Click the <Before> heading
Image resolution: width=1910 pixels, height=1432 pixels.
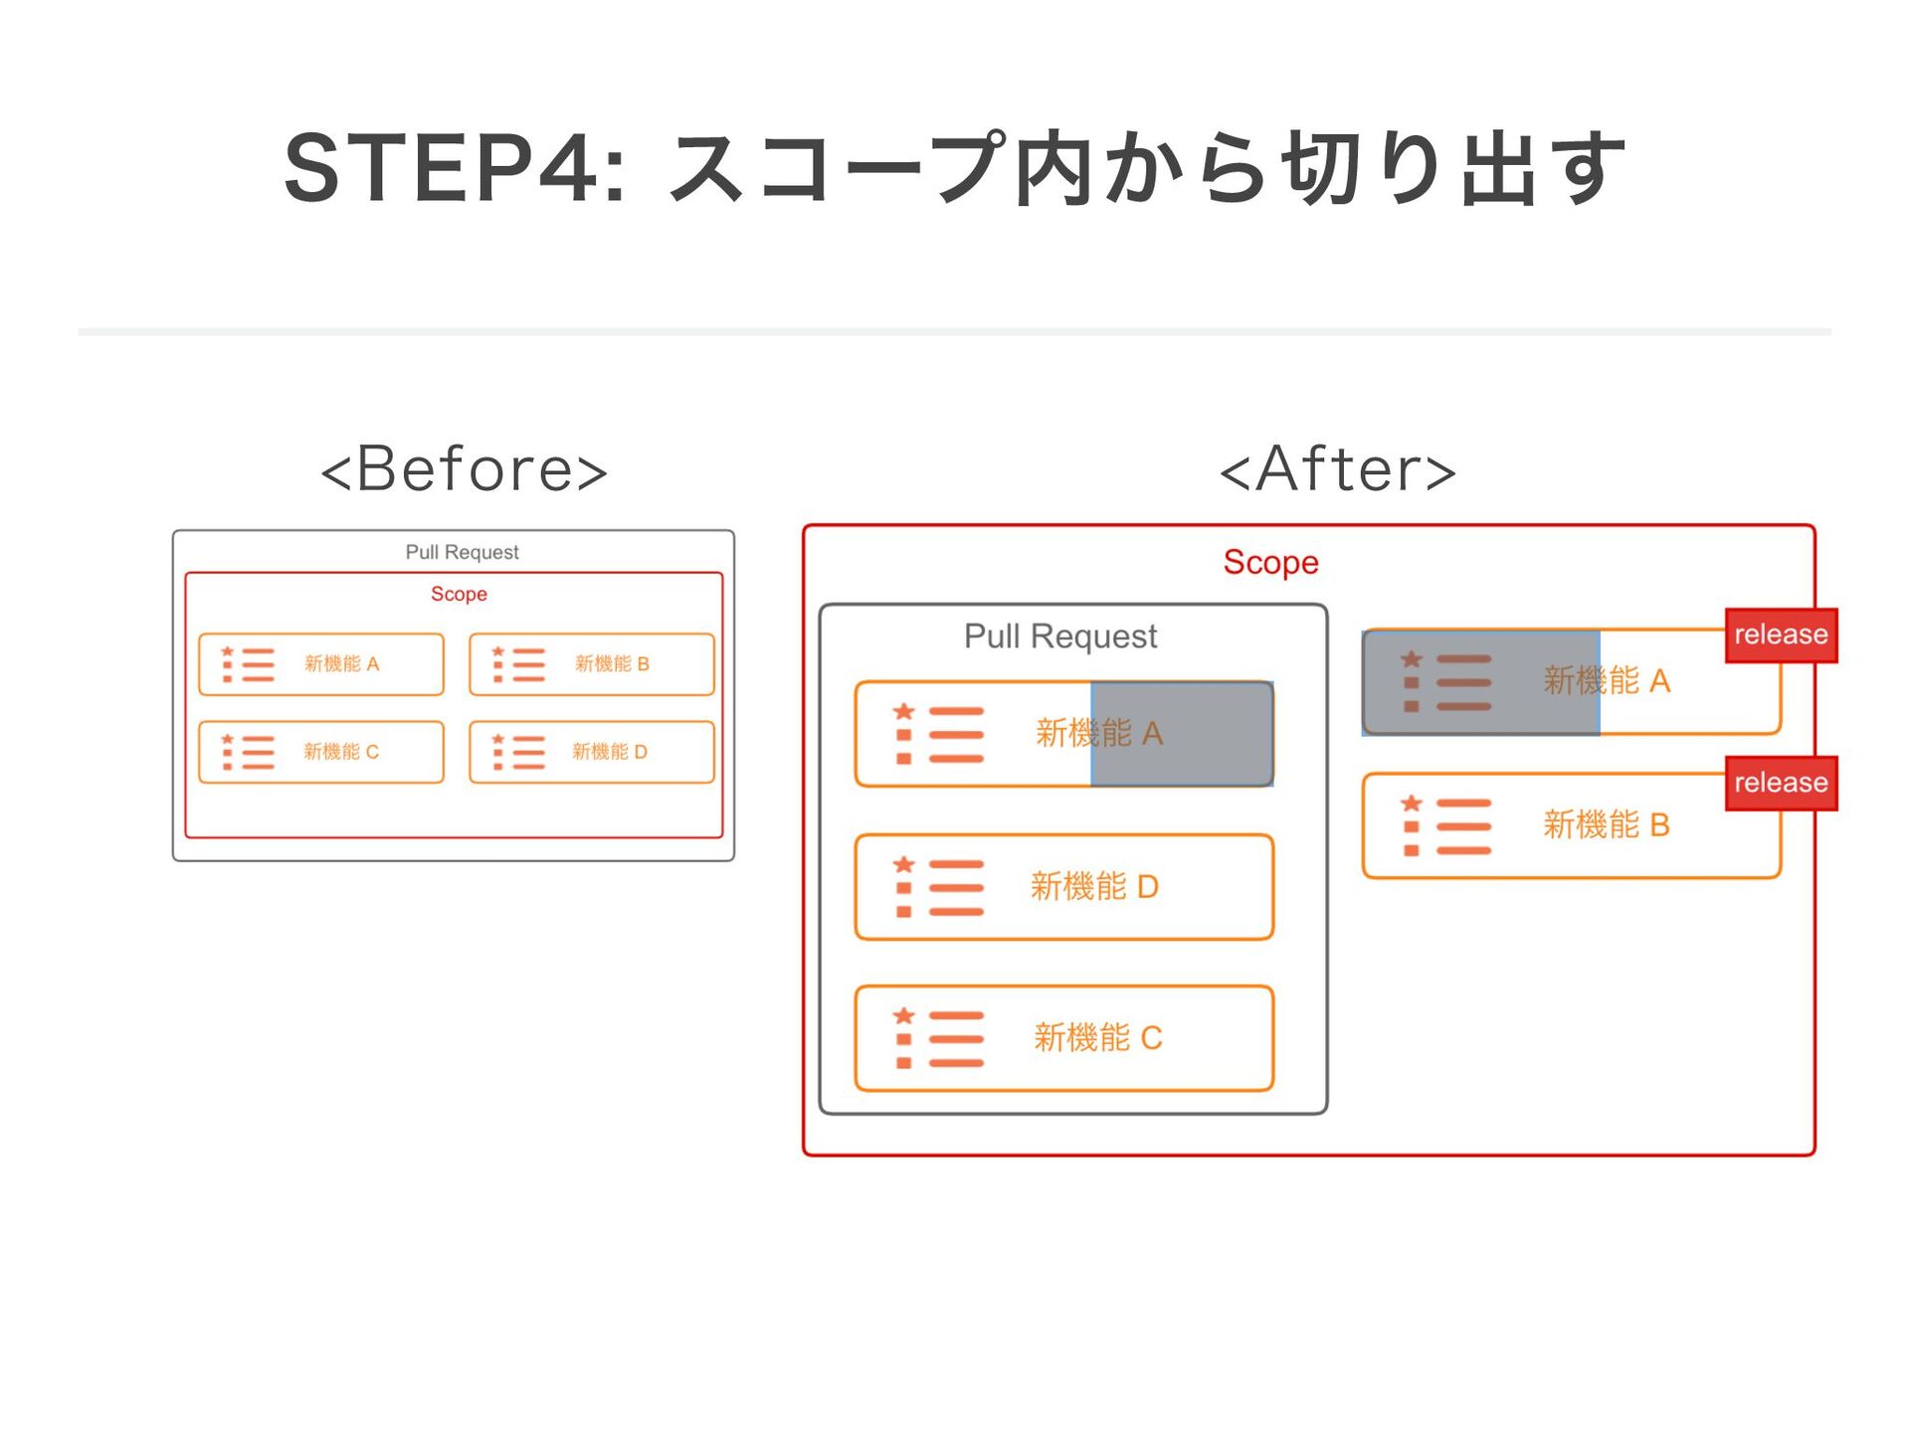click(464, 468)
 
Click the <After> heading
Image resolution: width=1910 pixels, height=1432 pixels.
click(1338, 468)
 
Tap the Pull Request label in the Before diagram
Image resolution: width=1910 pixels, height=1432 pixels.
click(462, 552)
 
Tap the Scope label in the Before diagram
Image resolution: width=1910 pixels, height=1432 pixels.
click(459, 594)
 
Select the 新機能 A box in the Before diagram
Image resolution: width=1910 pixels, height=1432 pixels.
click(321, 664)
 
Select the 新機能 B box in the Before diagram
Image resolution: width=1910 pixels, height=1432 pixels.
click(592, 664)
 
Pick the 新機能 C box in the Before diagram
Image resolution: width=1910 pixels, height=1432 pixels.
click(321, 752)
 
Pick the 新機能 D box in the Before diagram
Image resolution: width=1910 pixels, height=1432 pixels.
click(592, 752)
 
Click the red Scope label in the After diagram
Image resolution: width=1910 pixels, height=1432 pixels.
click(1270, 563)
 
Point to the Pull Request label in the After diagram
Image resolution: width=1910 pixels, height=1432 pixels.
click(1060, 636)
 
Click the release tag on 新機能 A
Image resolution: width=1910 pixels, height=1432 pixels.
click(1781, 634)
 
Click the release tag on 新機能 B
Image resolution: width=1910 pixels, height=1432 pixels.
click(1781, 783)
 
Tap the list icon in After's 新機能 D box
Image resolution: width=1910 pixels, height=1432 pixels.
click(938, 886)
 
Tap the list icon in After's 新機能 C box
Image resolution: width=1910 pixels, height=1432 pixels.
click(938, 1038)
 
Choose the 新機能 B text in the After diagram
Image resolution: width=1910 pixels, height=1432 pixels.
click(1606, 825)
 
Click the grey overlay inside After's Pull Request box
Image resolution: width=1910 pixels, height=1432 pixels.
click(1182, 734)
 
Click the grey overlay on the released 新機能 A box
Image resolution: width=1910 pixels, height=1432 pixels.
click(1481, 682)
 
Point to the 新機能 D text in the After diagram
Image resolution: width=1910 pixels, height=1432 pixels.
click(1094, 886)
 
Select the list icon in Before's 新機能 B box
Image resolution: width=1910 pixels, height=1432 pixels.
click(518, 664)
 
